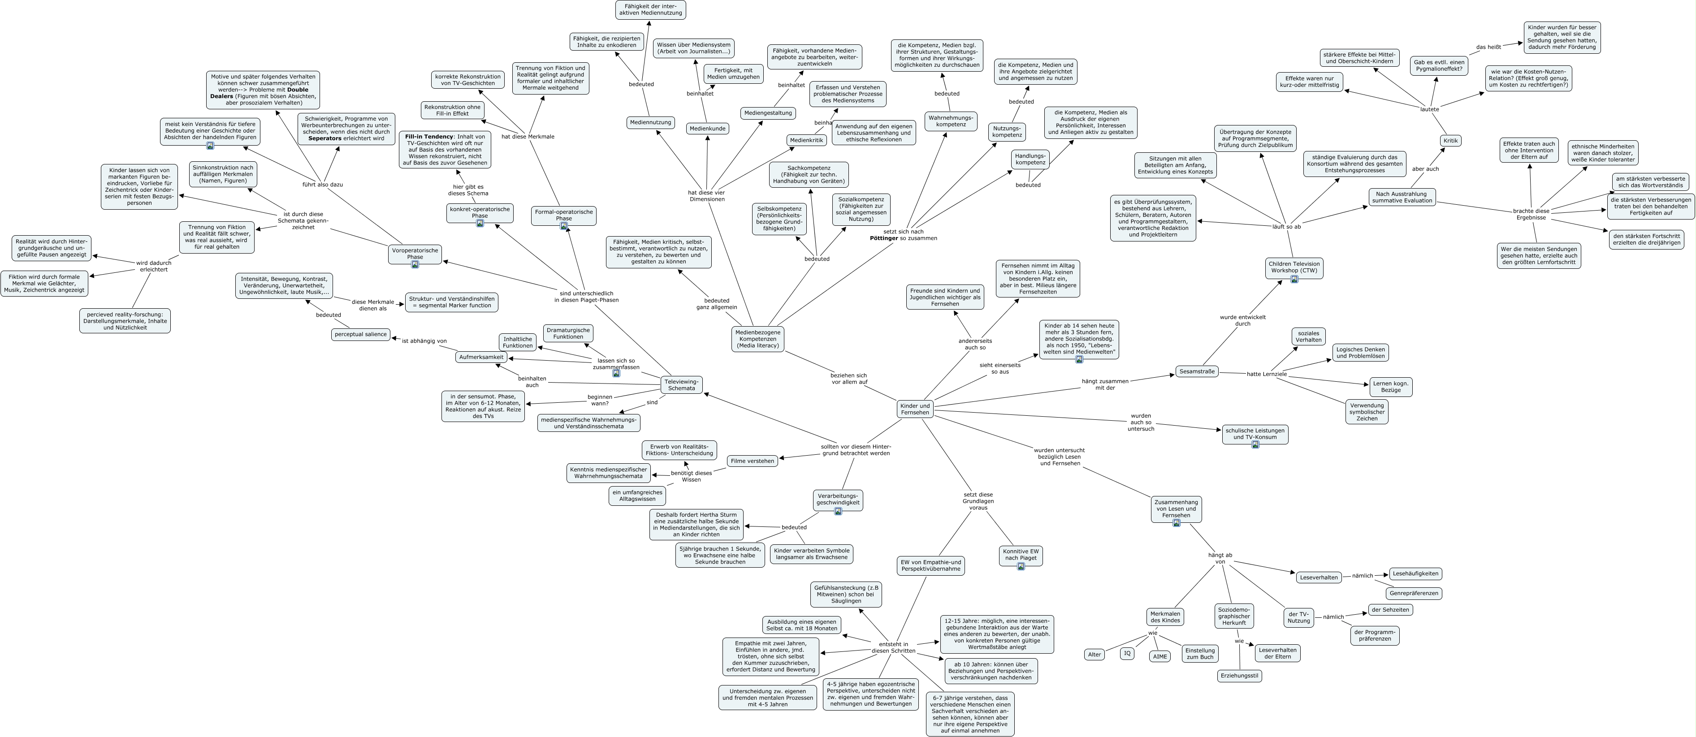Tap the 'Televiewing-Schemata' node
coord(681,385)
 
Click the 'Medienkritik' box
coord(806,140)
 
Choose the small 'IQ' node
coord(1127,653)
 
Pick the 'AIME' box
coord(1160,656)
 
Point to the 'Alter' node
coord(1094,655)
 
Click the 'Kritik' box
coord(1450,140)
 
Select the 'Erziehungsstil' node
coord(1240,676)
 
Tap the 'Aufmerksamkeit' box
coord(481,358)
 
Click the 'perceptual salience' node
coord(361,334)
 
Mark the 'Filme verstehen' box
coord(752,461)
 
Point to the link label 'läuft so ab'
coord(1286,227)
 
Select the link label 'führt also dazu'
coord(323,185)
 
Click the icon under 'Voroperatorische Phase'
coord(415,264)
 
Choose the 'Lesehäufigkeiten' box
coord(1415,574)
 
